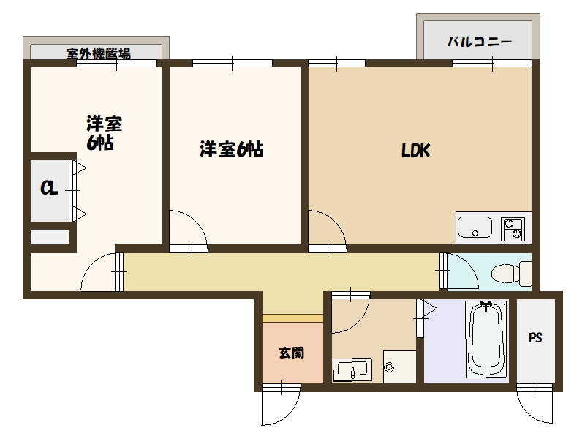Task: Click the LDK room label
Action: (415, 151)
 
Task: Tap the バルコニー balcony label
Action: (480, 42)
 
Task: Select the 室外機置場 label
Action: (99, 53)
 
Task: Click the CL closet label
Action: (49, 188)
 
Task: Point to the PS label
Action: (535, 338)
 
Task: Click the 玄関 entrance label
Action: (292, 353)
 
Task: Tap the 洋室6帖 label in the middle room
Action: (231, 149)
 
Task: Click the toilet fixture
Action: (511, 274)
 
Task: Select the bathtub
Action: (487, 339)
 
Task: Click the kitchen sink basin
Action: (475, 227)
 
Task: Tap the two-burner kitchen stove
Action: (513, 229)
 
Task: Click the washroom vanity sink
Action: (352, 369)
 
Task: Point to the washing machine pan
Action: (399, 367)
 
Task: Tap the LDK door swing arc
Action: (336, 220)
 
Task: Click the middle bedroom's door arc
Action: (197, 221)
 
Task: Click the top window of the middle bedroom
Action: (232, 64)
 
